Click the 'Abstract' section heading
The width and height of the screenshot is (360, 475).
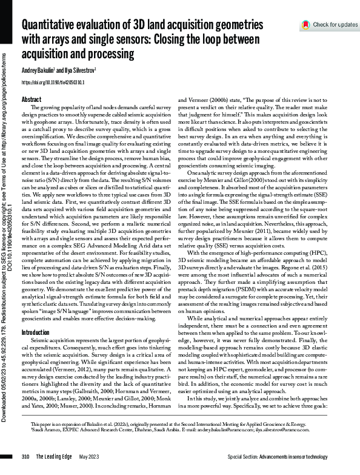(31, 99)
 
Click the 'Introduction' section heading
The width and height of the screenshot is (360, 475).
(35, 333)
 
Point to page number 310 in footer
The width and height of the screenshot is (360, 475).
(25, 456)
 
